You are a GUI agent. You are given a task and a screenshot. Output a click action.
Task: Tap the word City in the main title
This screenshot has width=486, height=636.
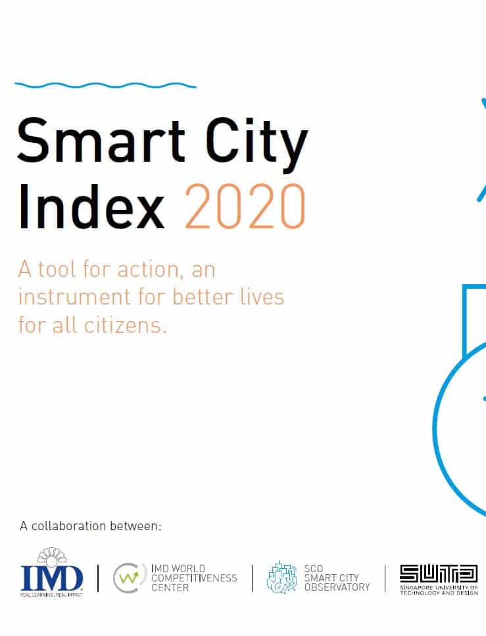point(256,145)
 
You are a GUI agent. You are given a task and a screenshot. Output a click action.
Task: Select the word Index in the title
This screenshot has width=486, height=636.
point(91,207)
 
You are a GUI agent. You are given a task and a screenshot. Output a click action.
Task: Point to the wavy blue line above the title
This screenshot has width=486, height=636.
point(105,86)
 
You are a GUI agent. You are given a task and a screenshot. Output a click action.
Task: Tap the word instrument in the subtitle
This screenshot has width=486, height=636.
point(75,297)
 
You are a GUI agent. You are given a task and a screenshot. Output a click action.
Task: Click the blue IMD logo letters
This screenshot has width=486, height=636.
point(51,578)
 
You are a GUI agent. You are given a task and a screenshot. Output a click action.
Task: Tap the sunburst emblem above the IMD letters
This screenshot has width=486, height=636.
point(51,556)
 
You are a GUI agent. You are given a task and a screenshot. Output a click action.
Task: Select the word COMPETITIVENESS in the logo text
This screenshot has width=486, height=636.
point(194,578)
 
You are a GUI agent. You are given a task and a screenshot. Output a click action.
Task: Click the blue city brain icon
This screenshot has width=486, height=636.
point(282,577)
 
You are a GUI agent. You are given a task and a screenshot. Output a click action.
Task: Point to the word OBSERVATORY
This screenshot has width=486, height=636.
point(337,587)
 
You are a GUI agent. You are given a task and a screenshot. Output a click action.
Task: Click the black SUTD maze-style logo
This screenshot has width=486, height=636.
point(439,574)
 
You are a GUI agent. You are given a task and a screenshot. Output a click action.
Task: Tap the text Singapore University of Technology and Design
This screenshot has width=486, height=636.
point(439,590)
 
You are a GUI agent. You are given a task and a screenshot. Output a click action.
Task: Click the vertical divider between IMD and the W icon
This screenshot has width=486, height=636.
point(98,578)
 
